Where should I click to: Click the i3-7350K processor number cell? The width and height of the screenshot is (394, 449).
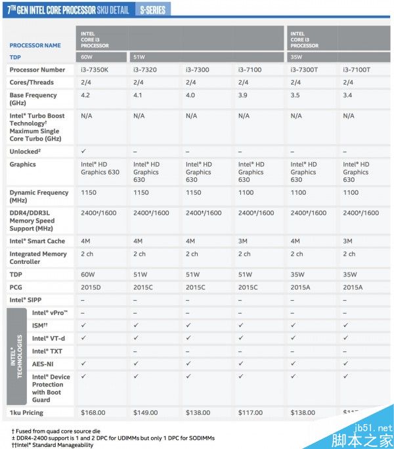tap(94, 70)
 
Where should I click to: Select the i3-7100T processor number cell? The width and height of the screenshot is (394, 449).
tap(357, 70)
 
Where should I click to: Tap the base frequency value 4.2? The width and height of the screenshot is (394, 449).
tap(85, 95)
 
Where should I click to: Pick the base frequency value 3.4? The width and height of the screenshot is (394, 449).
tap(348, 95)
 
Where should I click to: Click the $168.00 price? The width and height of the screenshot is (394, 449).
tap(93, 412)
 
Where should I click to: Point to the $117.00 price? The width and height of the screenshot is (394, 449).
tap(250, 412)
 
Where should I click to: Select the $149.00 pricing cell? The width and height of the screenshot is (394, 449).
tap(145, 412)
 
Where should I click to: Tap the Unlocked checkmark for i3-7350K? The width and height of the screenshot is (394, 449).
tap(83, 151)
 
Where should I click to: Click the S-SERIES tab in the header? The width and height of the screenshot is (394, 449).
tap(152, 10)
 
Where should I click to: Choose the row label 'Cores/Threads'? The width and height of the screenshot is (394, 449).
tap(32, 83)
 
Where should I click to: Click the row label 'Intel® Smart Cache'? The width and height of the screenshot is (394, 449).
tap(37, 241)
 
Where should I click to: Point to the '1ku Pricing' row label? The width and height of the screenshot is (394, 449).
tap(26, 412)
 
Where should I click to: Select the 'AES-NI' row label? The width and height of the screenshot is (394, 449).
tap(43, 363)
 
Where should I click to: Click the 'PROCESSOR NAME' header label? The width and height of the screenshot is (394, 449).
tap(35, 45)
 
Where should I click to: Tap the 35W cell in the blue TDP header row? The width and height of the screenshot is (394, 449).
tap(297, 57)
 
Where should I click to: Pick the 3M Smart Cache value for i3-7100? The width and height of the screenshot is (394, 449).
tap(242, 241)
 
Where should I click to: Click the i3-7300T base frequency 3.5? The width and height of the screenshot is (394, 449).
tap(295, 95)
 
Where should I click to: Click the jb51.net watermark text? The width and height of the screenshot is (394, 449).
tap(373, 426)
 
